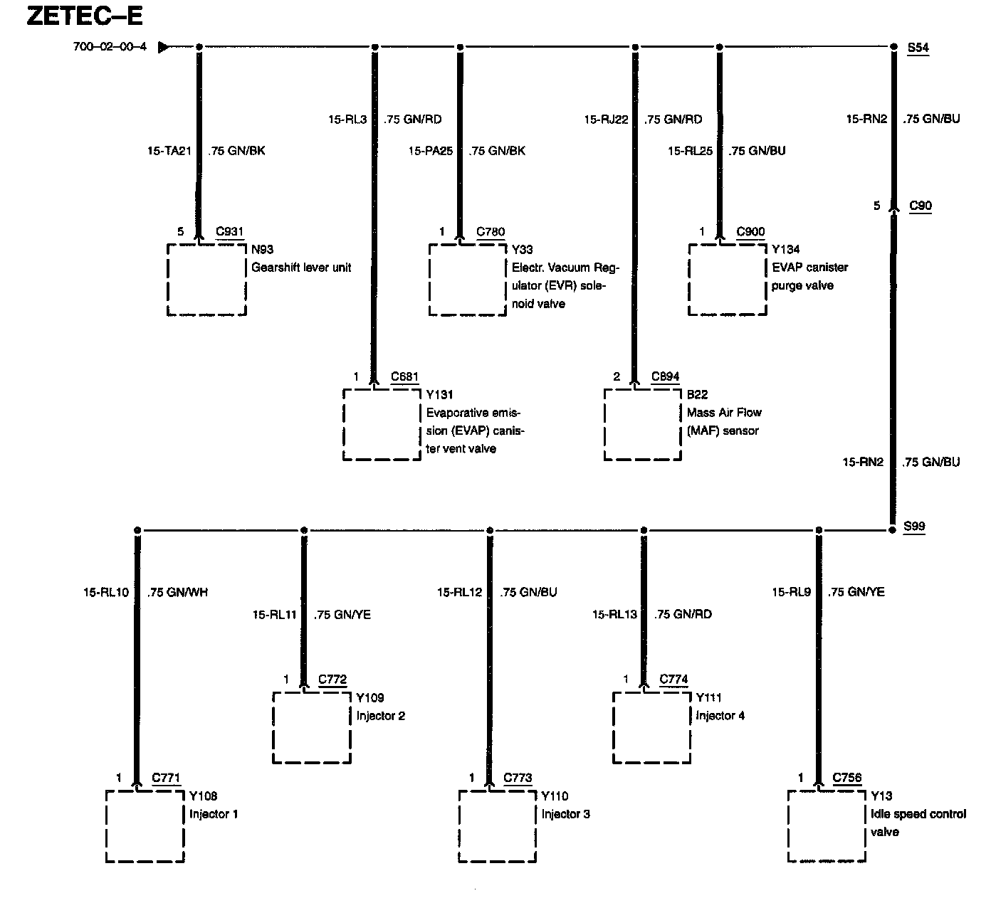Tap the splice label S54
918,48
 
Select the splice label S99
914,527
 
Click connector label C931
230,231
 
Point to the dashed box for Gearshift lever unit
206,280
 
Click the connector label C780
491,231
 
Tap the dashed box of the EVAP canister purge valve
728,280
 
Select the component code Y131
440,394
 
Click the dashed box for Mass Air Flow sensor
643,425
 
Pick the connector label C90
921,206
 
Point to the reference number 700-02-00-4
110,48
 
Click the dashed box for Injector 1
145,826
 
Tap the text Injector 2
381,715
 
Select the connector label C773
518,778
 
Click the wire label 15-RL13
614,614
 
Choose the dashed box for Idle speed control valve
827,826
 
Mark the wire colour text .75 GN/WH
178,592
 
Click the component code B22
697,394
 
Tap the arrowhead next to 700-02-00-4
164,48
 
